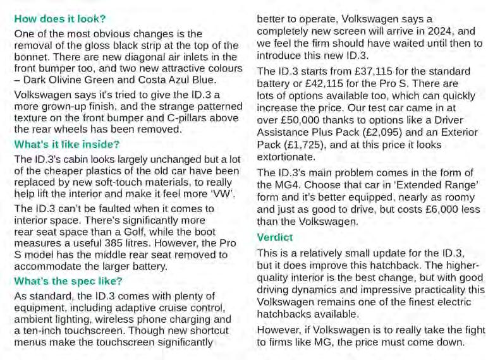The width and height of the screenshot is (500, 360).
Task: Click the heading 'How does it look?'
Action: pyautogui.click(x=61, y=19)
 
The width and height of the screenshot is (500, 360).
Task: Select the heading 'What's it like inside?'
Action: pyautogui.click(x=66, y=145)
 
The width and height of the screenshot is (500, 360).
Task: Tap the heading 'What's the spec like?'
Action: pyautogui.click(x=68, y=281)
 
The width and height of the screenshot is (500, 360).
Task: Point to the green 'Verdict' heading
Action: pyautogui.click(x=274, y=237)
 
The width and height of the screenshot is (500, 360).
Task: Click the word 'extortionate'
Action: pyautogui.click(x=285, y=156)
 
